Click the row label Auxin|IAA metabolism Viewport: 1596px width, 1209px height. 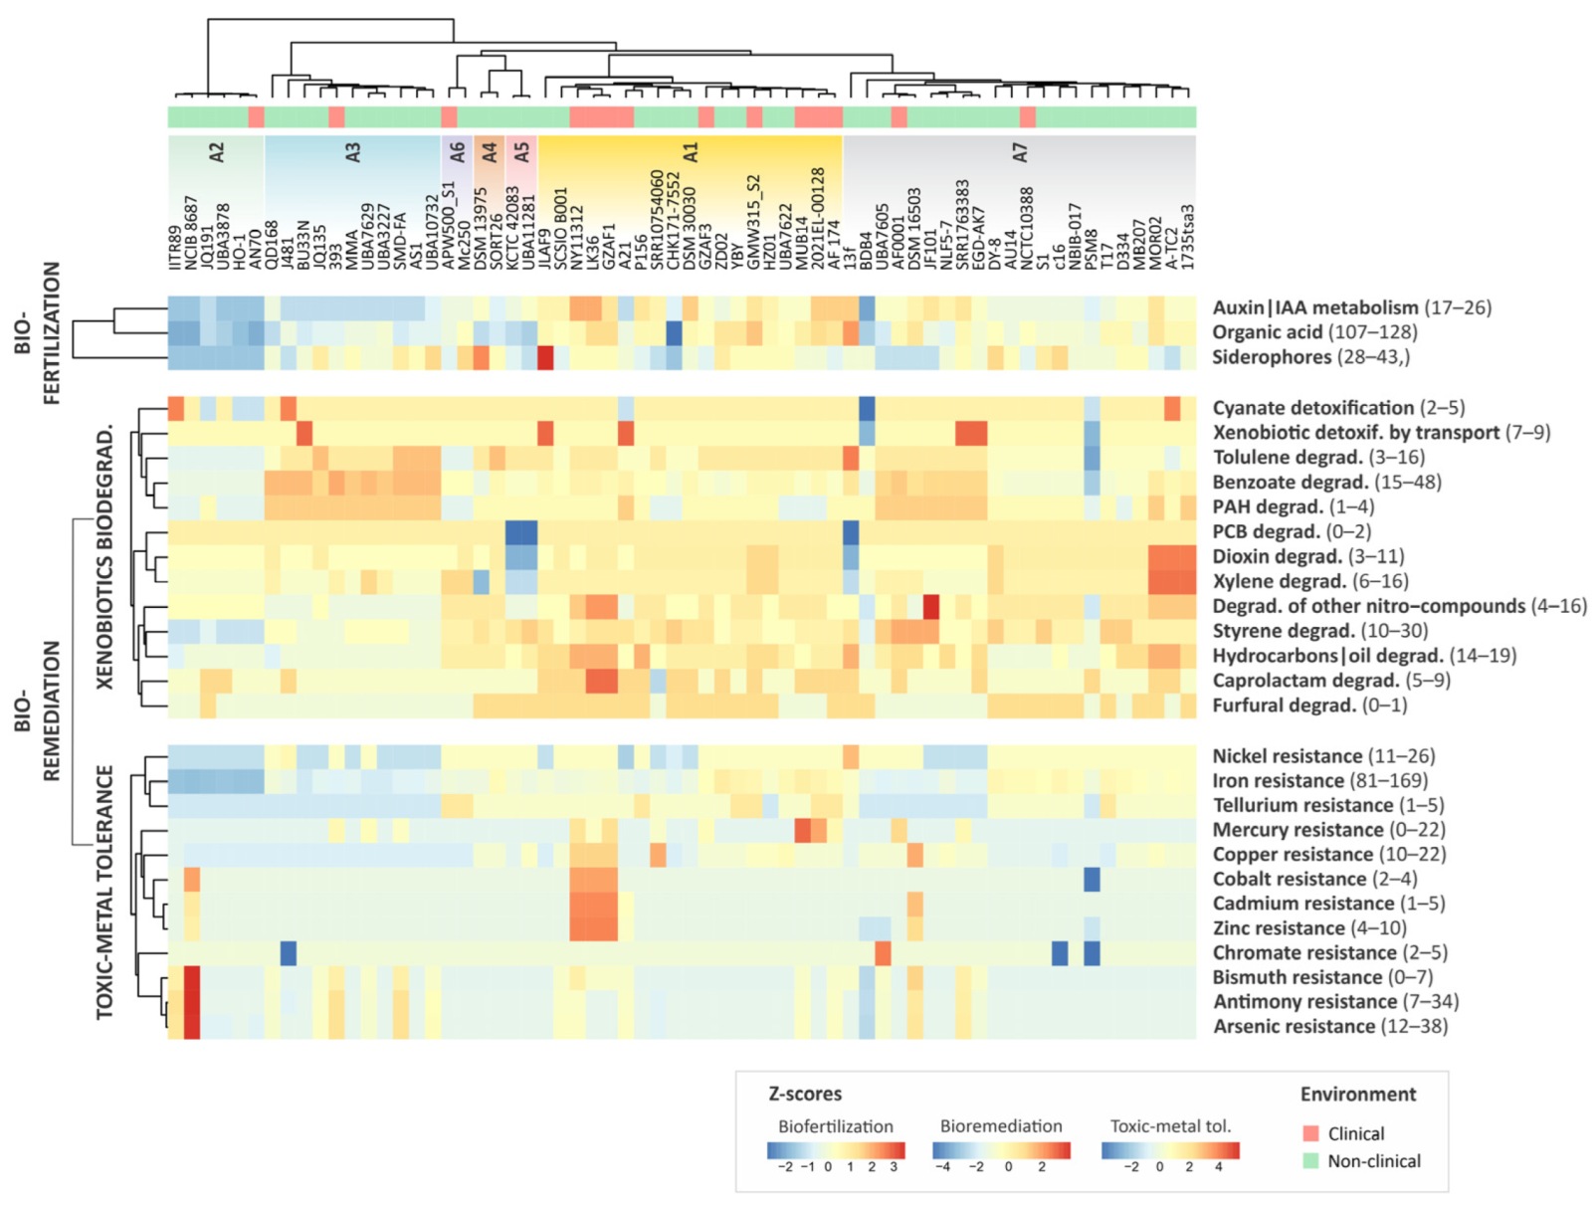(1313, 307)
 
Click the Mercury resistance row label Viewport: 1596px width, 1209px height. (1297, 830)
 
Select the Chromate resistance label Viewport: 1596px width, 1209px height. (1303, 952)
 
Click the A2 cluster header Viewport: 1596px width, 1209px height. (217, 152)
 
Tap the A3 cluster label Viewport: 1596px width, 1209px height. (352, 152)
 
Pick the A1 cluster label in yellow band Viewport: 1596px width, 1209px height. (691, 152)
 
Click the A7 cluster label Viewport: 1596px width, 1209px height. (1019, 152)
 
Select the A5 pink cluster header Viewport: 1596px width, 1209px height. (521, 152)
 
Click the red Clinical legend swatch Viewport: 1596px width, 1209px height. (1310, 1133)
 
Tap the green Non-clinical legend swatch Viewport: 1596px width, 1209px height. (1310, 1160)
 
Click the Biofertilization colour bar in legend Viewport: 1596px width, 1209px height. (836, 1150)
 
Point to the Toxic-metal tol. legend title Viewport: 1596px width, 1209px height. (1170, 1126)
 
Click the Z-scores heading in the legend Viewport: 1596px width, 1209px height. (805, 1094)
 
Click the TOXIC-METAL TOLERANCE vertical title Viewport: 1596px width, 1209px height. (104, 892)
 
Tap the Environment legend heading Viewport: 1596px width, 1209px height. (1357, 1095)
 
